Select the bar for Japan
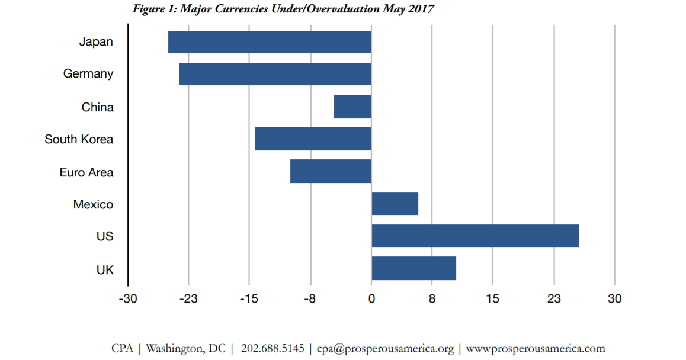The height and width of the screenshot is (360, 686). click(x=270, y=42)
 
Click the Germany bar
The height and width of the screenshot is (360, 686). click(x=275, y=74)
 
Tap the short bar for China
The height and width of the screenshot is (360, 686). click(x=352, y=107)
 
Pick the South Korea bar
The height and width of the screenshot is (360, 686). click(x=313, y=139)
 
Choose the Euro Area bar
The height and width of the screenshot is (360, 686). click(x=331, y=171)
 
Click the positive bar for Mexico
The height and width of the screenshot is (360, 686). click(x=395, y=204)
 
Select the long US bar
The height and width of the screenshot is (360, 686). click(x=475, y=236)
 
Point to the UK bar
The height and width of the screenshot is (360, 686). click(x=414, y=268)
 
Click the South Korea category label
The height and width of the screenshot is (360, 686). click(x=79, y=140)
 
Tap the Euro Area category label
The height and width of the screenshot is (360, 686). click(x=86, y=172)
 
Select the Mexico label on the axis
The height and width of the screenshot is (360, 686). click(x=93, y=204)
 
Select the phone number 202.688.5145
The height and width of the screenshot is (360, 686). click(x=273, y=348)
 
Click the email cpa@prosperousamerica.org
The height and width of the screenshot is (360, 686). click(x=385, y=348)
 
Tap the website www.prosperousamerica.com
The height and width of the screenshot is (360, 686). click(x=536, y=348)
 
